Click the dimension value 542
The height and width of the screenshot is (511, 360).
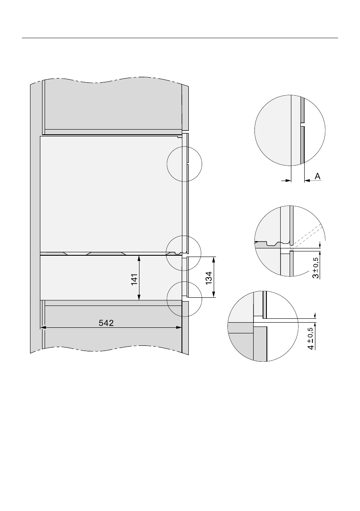click(106, 323)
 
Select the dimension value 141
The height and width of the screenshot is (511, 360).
click(135, 280)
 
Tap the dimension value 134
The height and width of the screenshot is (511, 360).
click(209, 278)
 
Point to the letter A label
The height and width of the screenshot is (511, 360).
click(318, 176)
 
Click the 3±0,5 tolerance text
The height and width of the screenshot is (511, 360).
click(316, 267)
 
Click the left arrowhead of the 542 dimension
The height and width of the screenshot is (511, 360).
click(42, 327)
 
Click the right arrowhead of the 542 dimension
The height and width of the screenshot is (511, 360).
click(179, 327)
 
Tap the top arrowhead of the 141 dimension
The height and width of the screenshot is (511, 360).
click(139, 259)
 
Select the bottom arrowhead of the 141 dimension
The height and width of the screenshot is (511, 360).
click(139, 297)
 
